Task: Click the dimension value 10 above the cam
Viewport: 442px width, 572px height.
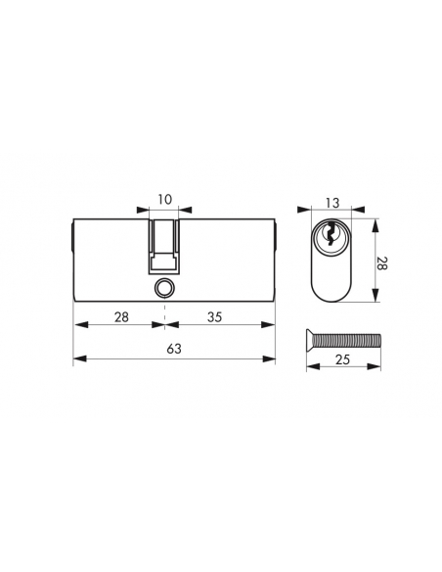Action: click(x=164, y=200)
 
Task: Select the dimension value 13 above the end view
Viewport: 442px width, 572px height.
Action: click(x=332, y=203)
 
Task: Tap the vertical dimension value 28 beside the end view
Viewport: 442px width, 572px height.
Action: click(x=382, y=263)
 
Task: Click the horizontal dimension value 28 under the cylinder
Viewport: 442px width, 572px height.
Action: click(x=121, y=317)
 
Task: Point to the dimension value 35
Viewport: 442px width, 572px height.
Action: click(x=214, y=317)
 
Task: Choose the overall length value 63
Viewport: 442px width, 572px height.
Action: click(x=174, y=349)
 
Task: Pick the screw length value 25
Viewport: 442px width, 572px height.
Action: click(x=342, y=359)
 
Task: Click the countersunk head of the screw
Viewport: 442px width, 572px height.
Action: click(x=310, y=340)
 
